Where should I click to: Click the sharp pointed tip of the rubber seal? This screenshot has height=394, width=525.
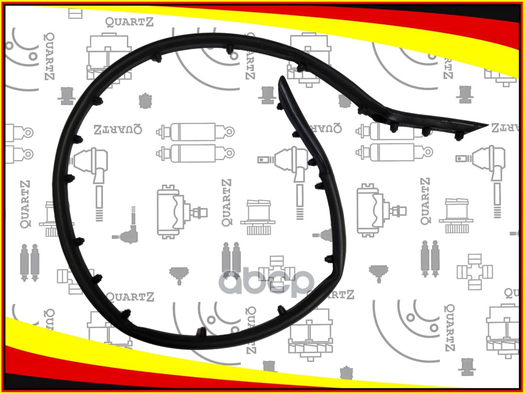tap(487, 126)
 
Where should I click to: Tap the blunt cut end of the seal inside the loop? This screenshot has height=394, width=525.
tap(282, 79)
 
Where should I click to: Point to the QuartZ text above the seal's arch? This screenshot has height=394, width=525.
tap(126, 22)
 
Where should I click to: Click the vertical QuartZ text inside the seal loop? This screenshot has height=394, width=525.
tap(227, 202)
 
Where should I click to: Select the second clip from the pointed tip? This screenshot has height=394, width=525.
tap(426, 131)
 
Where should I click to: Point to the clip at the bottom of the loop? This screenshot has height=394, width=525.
tap(201, 332)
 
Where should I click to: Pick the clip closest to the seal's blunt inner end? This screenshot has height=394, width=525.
tap(279, 107)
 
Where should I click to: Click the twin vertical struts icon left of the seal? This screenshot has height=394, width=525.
tap(29, 261)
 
